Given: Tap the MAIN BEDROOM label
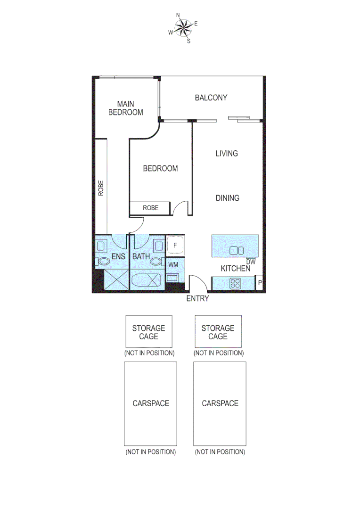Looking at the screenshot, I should (x=125, y=108).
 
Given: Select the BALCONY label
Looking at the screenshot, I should (x=211, y=98).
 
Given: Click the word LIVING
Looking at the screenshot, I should (x=227, y=153).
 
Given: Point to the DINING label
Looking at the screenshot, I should (x=227, y=198).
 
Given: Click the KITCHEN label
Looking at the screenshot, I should (x=236, y=269).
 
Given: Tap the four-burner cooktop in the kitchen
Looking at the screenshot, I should (x=235, y=284).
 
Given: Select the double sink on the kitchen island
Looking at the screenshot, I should (x=236, y=251).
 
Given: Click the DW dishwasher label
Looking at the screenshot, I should (x=251, y=262).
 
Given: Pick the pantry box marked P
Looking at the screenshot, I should (x=259, y=283).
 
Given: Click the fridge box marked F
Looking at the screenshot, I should (x=175, y=246).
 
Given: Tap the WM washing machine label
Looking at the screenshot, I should (x=173, y=264).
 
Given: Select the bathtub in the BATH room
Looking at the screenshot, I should (x=147, y=280).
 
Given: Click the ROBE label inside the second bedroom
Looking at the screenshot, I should (x=151, y=207).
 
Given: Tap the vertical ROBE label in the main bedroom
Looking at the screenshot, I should (x=100, y=189).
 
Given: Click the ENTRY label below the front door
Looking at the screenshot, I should (x=197, y=298).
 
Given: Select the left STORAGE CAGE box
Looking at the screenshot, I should (x=148, y=332).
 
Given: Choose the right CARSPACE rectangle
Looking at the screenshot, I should (x=220, y=403).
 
